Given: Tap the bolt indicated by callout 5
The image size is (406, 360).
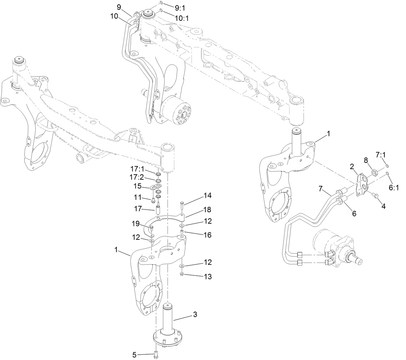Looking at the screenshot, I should tap(156, 354).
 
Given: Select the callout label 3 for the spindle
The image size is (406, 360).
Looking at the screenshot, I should tap(195, 315).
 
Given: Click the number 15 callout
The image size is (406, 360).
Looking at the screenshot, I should tap(138, 186).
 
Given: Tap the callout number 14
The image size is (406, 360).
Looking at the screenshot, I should tap(208, 195).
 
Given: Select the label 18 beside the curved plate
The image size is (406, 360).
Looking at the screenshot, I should tap(208, 210).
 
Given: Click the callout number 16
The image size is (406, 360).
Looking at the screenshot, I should tap(208, 235).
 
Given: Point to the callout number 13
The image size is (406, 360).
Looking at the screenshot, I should tap(208, 276).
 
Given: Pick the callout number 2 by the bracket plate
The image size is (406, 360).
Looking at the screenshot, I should tap(352, 166).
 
